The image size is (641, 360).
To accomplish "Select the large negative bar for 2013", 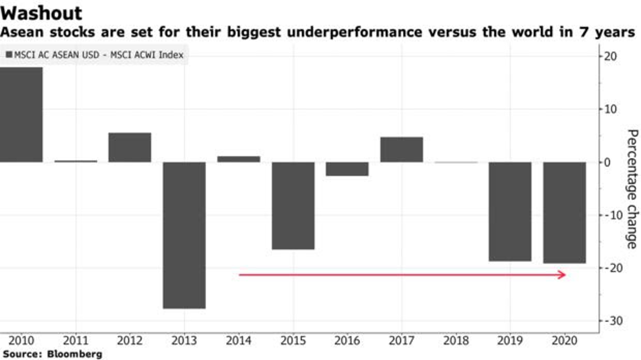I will pyautogui.click(x=184, y=234).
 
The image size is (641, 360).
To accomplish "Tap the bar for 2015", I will pyautogui.click(x=293, y=206).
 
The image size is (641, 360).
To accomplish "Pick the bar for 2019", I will pyautogui.click(x=510, y=211).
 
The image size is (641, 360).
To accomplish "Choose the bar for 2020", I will pyautogui.click(x=564, y=212).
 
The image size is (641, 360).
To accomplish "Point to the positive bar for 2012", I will pyautogui.click(x=130, y=147).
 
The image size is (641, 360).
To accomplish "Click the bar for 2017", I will pyautogui.click(x=401, y=149).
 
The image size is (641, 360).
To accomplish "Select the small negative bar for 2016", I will pyautogui.click(x=347, y=168).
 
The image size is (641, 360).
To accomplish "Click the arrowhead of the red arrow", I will pyautogui.click(x=562, y=274).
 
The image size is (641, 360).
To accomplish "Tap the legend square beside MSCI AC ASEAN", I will pyautogui.click(x=9, y=55).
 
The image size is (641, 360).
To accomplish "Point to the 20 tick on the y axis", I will pyautogui.click(x=611, y=56).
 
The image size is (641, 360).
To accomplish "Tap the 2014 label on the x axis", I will pyautogui.click(x=238, y=340).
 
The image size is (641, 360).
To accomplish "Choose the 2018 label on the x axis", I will pyautogui.click(x=456, y=340).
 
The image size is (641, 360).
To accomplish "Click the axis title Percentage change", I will pyautogui.click(x=631, y=188).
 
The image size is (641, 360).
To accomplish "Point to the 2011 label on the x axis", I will pyautogui.click(x=74, y=340).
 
